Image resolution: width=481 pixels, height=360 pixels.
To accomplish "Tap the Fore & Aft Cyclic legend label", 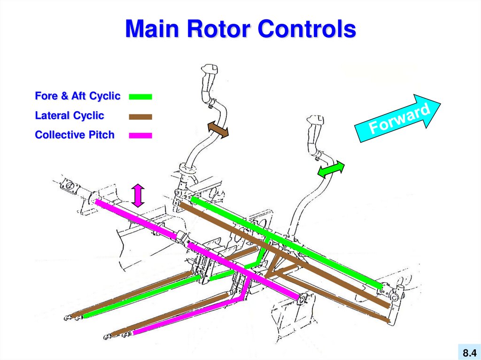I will [x=78, y=96].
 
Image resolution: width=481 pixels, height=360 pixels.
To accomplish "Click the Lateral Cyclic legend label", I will [x=70, y=115].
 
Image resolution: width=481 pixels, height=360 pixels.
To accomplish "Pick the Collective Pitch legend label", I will [x=75, y=135].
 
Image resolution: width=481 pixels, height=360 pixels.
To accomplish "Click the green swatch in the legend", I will [x=140, y=97].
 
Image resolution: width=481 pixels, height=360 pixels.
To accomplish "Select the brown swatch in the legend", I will [x=140, y=116].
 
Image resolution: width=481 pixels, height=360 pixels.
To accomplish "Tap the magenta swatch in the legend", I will [x=140, y=136].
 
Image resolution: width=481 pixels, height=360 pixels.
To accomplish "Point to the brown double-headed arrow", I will [x=218, y=130].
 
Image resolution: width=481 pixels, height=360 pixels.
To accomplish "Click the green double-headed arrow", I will [x=331, y=169].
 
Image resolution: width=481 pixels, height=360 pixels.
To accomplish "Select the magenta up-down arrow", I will [x=137, y=195].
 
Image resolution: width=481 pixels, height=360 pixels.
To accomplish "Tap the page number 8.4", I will [x=469, y=352].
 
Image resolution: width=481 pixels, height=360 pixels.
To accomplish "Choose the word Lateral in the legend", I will [x=52, y=115].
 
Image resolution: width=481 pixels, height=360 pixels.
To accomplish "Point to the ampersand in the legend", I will [x=64, y=96].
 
